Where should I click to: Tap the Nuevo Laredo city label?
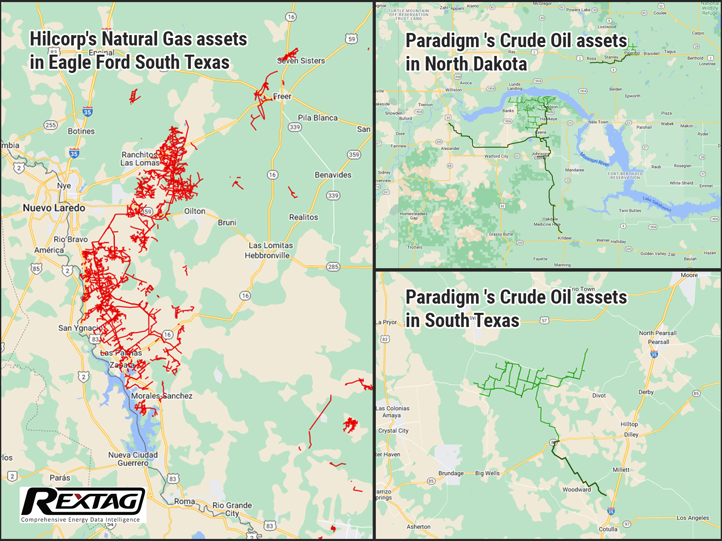pos(54,208)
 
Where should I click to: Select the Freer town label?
pos(282,96)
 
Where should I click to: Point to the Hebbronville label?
pos(267,255)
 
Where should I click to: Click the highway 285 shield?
pos(333,267)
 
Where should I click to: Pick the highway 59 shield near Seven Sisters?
pos(352,39)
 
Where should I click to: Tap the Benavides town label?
pos(333,175)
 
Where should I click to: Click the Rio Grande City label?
pos(232,509)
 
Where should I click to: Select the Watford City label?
pos(496,156)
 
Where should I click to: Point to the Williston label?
pos(453,90)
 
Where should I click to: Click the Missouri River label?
pos(594,159)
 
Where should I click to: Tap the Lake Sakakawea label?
pos(657,204)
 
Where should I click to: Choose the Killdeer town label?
pos(565,238)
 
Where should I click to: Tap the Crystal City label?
pos(393,430)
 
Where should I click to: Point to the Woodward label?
pos(576,490)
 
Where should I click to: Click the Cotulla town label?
pos(608,529)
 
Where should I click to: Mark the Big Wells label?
pos(487,473)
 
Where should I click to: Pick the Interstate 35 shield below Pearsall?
pos(654,355)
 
